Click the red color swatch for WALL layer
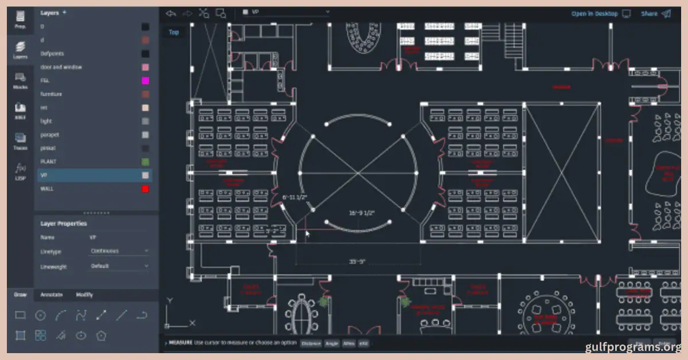146,189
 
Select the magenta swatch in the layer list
146,81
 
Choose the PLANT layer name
48,162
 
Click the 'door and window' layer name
61,67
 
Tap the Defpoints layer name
52,54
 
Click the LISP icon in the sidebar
20,170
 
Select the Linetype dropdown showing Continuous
119,251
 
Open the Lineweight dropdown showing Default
119,266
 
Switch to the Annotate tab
51,295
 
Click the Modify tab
84,295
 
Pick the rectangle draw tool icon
20,315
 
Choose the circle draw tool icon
40,315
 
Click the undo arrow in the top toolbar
170,13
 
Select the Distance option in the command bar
310,343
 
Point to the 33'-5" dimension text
357,262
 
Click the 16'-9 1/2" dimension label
361,213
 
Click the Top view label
174,32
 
